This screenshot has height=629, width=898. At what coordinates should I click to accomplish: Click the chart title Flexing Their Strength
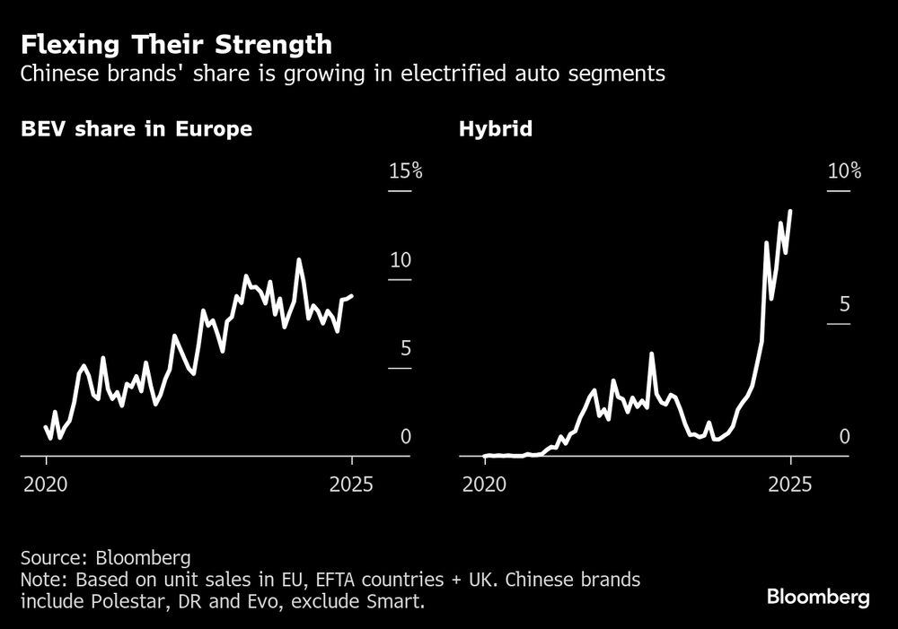[x=176, y=44]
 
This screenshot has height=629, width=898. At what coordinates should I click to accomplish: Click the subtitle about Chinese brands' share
[x=342, y=74]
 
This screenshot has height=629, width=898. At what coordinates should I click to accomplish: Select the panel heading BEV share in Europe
[x=136, y=129]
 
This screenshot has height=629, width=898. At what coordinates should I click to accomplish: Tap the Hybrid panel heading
[x=495, y=129]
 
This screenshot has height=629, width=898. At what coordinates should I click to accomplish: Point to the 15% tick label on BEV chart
[x=405, y=171]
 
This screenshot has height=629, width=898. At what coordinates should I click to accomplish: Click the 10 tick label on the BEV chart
[x=400, y=260]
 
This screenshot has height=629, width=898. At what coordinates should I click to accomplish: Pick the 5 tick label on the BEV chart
[x=400, y=348]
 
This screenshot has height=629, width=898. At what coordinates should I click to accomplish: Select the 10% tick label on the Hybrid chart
[x=843, y=171]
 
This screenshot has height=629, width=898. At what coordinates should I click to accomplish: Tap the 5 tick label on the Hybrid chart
[x=843, y=304]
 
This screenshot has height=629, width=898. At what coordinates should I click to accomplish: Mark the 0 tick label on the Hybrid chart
[x=843, y=437]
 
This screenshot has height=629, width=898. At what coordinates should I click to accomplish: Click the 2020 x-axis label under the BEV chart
[x=47, y=485]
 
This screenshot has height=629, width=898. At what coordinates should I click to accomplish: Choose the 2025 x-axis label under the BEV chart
[x=353, y=485]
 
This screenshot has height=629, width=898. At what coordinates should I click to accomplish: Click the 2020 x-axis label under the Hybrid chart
[x=485, y=485]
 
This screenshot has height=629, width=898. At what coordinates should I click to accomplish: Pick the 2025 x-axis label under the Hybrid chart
[x=791, y=485]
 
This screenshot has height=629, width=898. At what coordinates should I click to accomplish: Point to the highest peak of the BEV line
[x=299, y=261]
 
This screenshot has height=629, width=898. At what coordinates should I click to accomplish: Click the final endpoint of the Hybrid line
[x=790, y=212]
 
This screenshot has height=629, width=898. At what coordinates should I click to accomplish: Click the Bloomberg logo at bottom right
[x=817, y=597]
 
